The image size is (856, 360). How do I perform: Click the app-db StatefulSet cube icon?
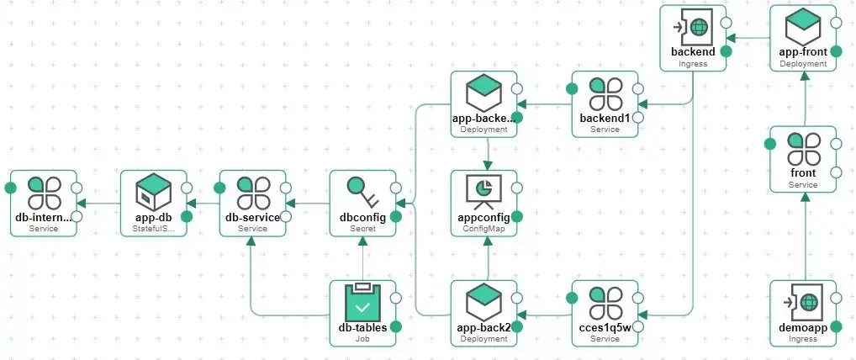click(154, 193)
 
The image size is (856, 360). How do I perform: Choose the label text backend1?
click(605, 119)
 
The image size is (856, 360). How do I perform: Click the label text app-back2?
click(483, 327)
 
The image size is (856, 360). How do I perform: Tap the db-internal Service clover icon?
click(43, 193)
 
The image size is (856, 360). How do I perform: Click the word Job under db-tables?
click(362, 338)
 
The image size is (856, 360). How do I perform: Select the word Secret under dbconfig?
click(362, 229)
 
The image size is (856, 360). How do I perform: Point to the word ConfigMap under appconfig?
click(483, 229)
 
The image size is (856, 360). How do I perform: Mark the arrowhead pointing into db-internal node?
click(82, 203)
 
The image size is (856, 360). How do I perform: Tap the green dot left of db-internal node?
click(11, 187)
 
